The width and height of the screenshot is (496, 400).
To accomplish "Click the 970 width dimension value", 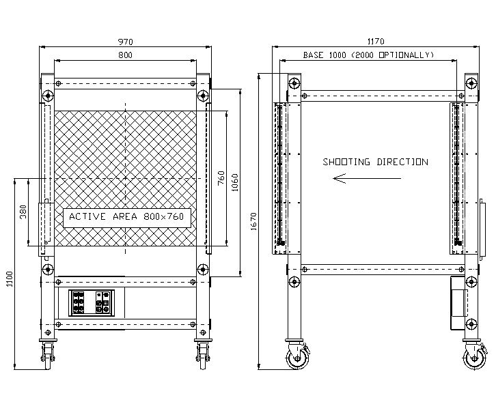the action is (125, 42).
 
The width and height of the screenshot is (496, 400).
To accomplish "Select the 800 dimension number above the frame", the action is (125, 55).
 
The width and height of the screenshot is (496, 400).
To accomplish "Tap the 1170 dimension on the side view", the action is (376, 42).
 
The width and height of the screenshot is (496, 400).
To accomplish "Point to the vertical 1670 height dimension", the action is (253, 221).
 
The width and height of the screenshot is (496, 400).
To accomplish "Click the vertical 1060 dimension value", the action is (235, 183).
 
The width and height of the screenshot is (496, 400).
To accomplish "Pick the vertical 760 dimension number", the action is (221, 178).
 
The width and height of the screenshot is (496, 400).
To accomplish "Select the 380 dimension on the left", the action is (23, 212).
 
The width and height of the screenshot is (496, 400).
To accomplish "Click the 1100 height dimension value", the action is (10, 279).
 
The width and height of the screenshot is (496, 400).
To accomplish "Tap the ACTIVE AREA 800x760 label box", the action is (127, 218).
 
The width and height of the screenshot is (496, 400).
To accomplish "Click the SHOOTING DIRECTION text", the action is (376, 162).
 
